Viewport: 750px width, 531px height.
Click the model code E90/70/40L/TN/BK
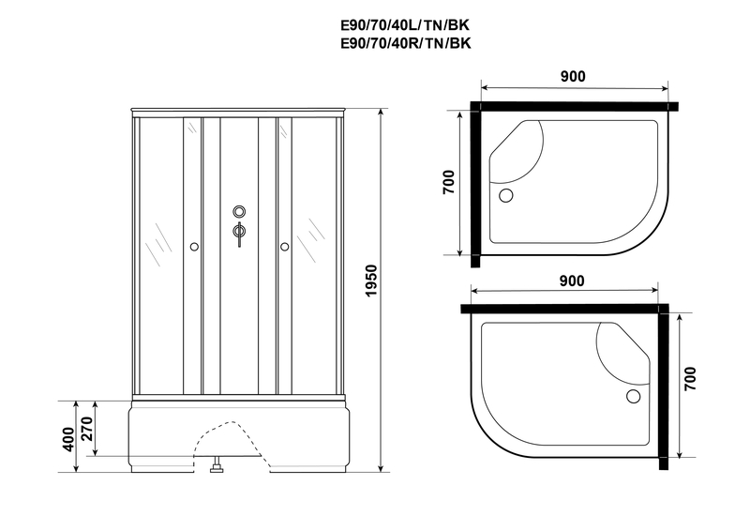click(405, 25)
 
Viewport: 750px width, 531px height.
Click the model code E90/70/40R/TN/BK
click(406, 43)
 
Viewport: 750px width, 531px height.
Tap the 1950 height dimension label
click(371, 281)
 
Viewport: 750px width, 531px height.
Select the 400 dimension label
click(68, 439)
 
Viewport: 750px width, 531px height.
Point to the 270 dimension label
click(87, 429)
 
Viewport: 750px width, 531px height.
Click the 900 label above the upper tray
click(573, 76)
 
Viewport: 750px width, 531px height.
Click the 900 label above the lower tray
click(572, 281)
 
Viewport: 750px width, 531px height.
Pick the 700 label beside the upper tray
click(448, 182)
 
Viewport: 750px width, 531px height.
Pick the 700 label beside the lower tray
click(690, 379)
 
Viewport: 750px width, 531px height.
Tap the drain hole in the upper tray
click(505, 195)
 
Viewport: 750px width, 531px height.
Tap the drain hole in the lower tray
click(634, 397)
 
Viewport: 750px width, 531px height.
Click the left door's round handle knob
click(194, 247)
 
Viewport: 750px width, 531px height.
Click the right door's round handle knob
click(285, 247)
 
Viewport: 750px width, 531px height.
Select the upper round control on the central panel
click(239, 211)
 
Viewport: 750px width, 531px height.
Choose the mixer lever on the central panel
click(239, 234)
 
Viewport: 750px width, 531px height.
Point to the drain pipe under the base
click(217, 464)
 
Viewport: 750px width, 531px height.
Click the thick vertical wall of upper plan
click(475, 184)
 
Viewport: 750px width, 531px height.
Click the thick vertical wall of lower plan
click(664, 387)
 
